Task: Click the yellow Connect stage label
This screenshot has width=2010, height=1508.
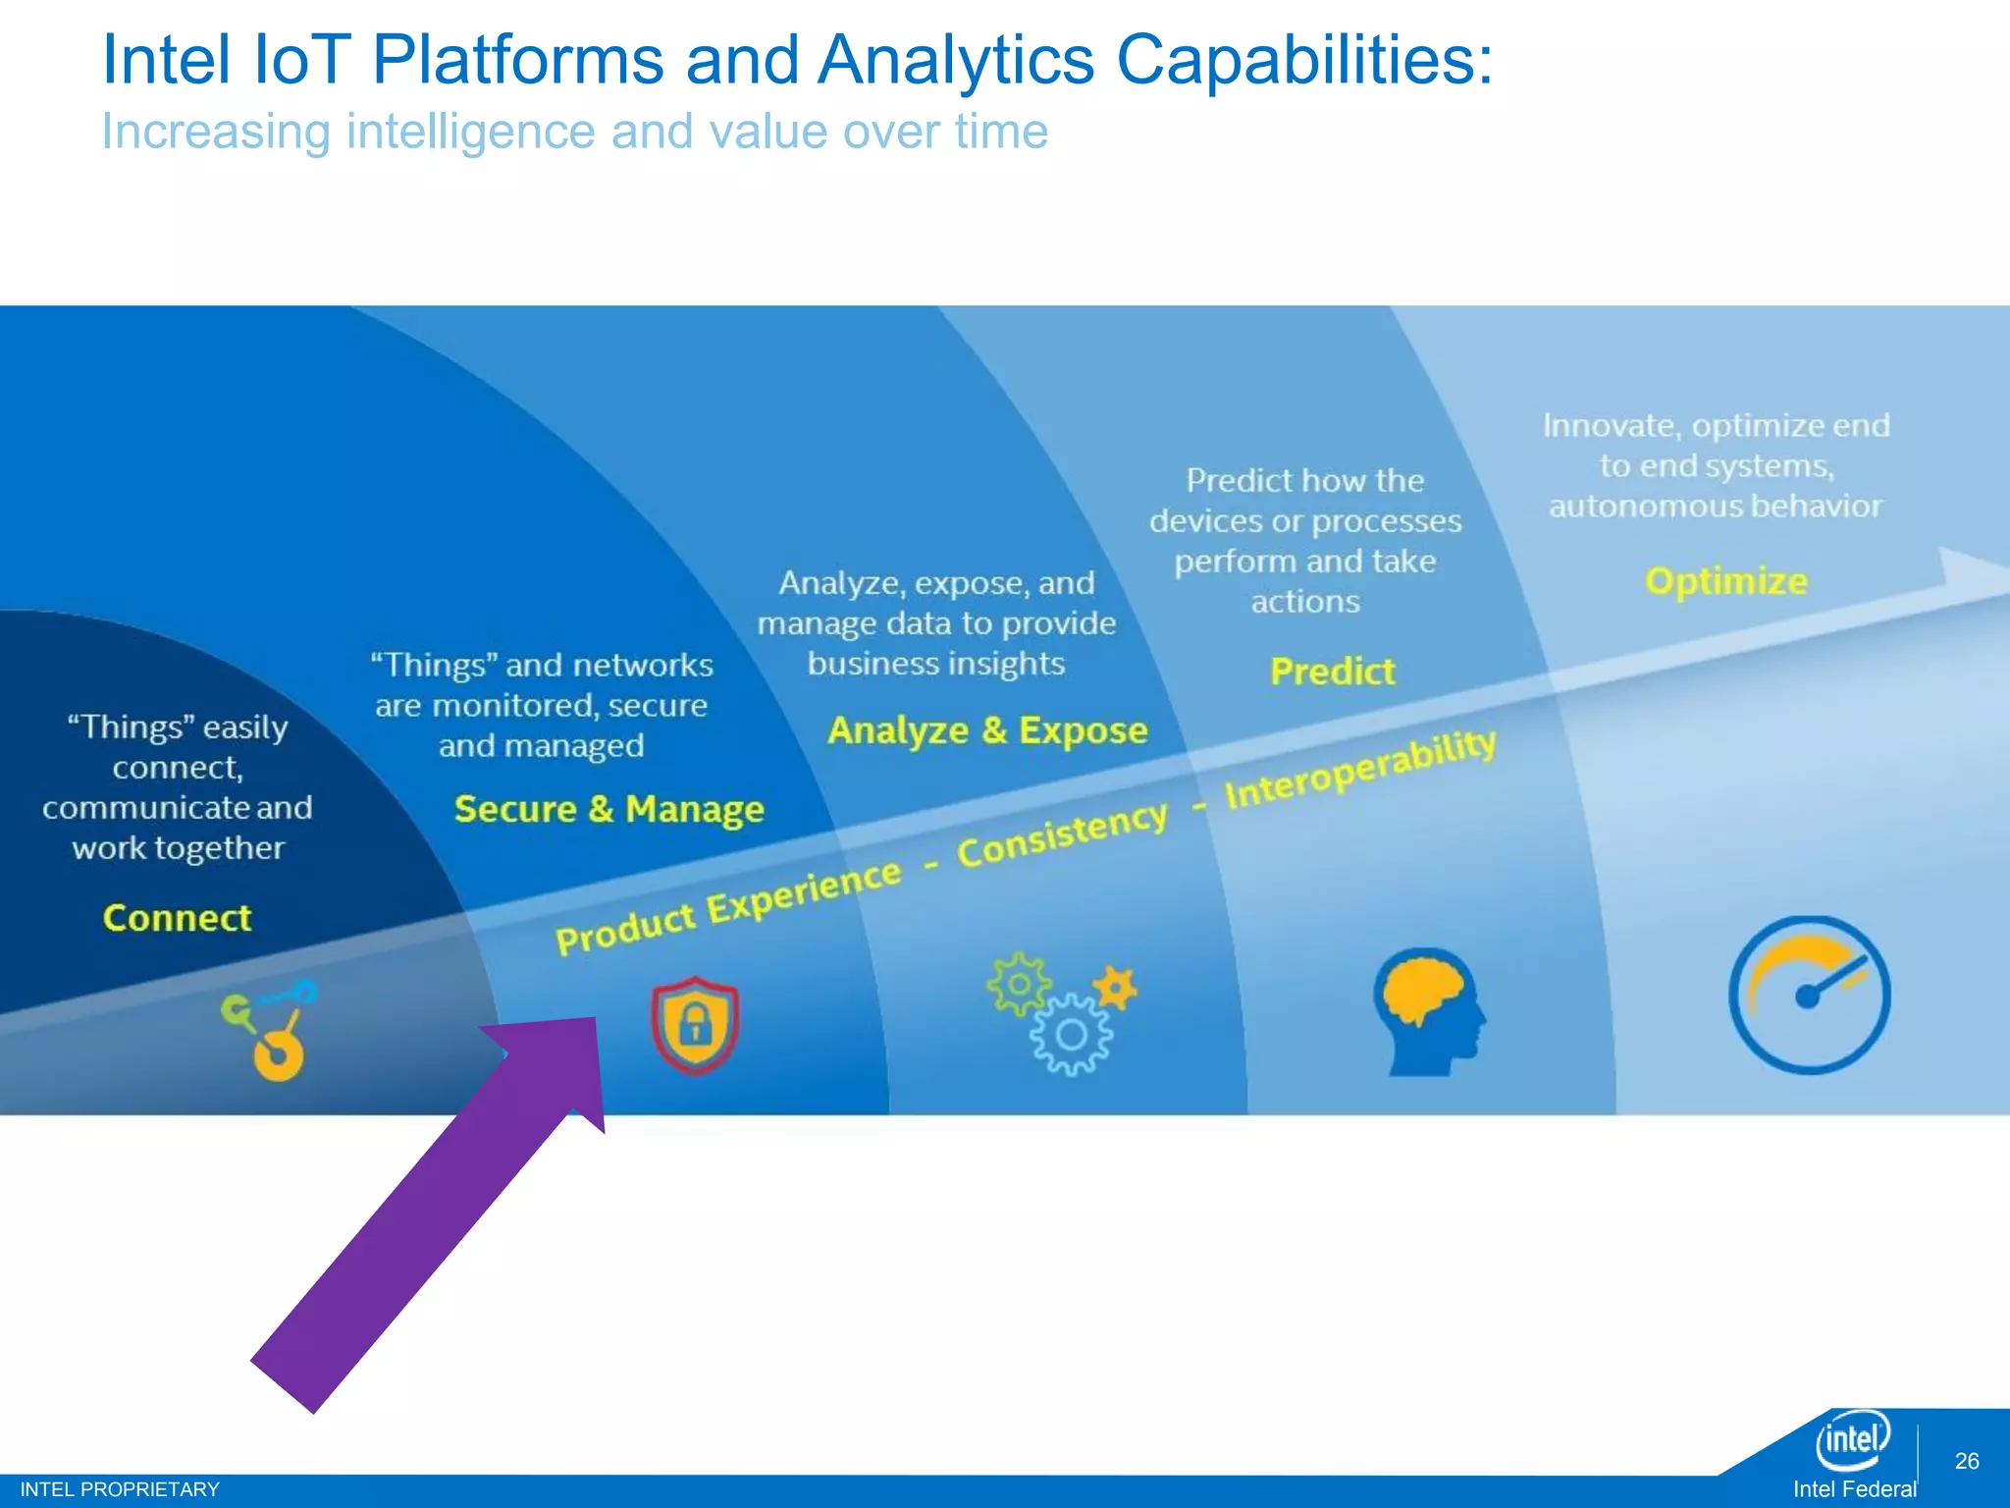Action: pos(177,918)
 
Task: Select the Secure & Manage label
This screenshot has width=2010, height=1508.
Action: pos(608,809)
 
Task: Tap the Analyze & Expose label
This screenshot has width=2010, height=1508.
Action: pos(987,730)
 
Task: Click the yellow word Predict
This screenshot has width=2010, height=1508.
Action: pos(1332,672)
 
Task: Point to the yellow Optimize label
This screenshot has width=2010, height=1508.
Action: pos(1725,581)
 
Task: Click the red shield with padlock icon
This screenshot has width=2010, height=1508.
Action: pos(695,1025)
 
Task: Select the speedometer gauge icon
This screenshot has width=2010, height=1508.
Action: pos(1809,996)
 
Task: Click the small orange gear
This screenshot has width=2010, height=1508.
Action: pos(1116,988)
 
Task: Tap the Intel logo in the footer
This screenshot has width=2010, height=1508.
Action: pos(1852,1440)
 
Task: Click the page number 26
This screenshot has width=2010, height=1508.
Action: pos(1966,1461)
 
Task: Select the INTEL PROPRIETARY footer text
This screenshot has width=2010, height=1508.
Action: pos(120,1489)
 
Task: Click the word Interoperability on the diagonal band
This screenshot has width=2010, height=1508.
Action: pos(1360,770)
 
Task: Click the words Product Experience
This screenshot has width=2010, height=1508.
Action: pos(727,907)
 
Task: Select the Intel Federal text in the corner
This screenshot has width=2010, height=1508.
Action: pos(1853,1489)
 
